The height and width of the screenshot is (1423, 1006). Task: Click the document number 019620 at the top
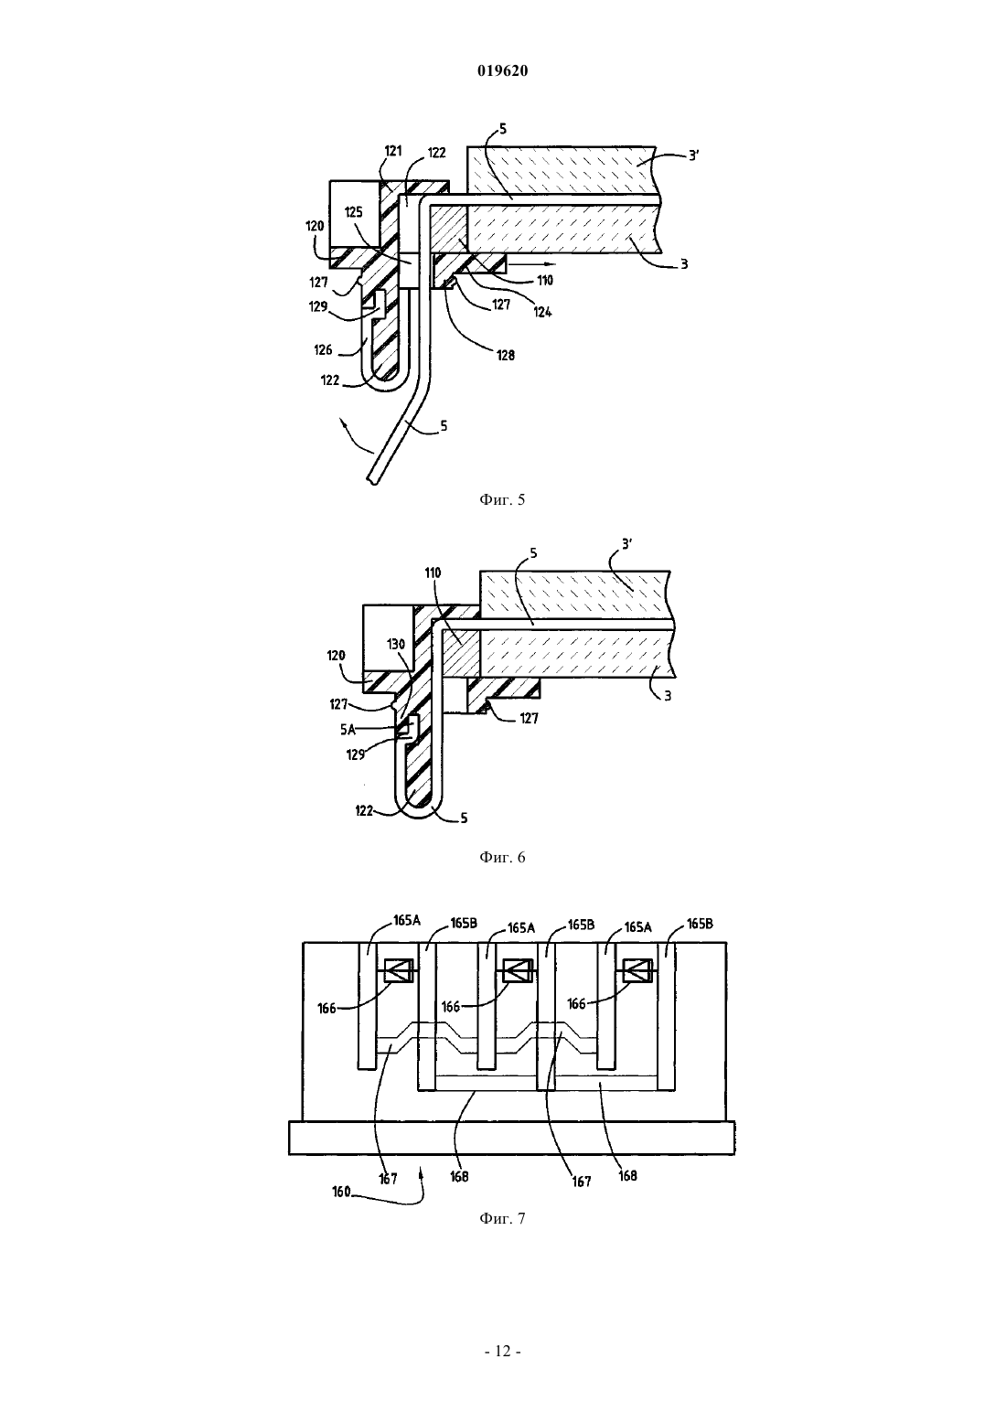502,70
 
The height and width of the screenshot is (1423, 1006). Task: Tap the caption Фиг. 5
502,499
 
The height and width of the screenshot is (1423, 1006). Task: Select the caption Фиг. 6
502,857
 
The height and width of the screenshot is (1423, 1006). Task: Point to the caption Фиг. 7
502,1218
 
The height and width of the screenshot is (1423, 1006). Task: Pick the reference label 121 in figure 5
394,151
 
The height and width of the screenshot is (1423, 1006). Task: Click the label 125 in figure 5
354,211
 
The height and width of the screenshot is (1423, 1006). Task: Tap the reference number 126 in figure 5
323,349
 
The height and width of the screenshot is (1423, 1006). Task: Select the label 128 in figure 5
506,355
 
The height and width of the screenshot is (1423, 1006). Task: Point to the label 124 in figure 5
542,311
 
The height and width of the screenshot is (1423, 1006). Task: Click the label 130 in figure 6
396,644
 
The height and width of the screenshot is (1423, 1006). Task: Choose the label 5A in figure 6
348,730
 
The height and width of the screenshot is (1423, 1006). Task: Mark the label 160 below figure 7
342,1192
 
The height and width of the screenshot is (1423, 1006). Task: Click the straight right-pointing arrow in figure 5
532,263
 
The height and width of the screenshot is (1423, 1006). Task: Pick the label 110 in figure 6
433,572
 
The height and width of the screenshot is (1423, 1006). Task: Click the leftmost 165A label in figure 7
406,920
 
